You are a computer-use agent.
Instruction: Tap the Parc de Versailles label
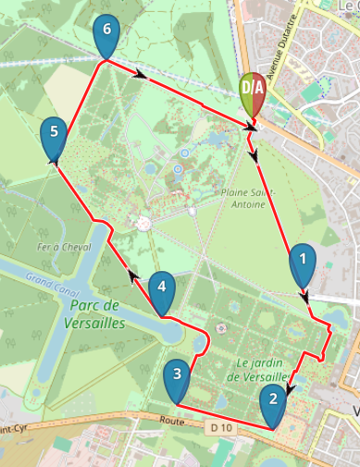click(x=82, y=314)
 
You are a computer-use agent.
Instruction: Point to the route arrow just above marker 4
click(x=133, y=274)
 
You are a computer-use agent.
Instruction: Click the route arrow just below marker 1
click(x=304, y=296)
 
